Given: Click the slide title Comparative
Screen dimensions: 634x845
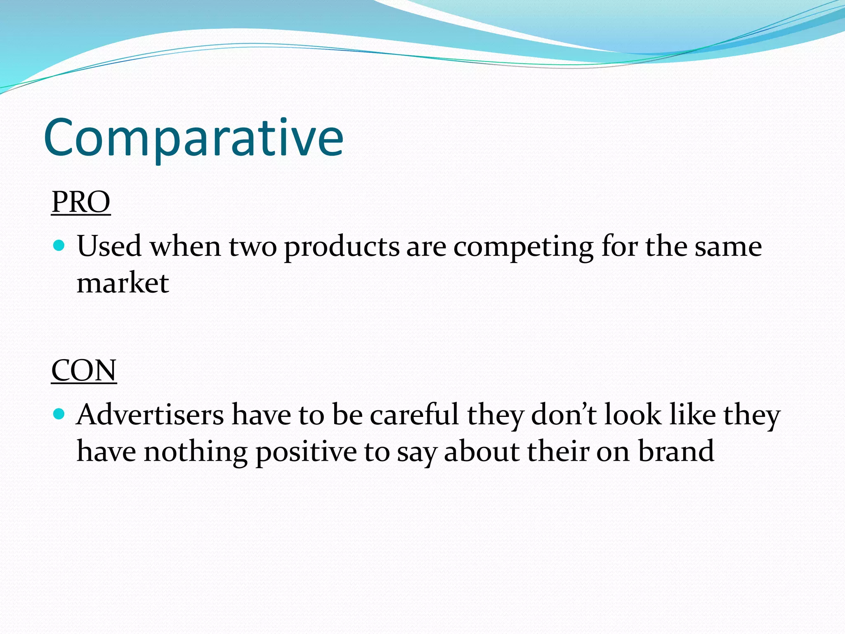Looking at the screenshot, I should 193,138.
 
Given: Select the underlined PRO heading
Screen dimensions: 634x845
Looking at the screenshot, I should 81,202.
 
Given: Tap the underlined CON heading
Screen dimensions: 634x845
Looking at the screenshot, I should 84,370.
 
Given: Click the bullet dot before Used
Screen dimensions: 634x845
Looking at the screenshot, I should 59,246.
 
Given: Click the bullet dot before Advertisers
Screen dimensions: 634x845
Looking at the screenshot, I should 59,414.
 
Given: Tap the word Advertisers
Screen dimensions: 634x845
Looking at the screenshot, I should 150,414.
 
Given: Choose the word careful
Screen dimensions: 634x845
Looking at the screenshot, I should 414,414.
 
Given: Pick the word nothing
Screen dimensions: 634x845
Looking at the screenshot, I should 196,452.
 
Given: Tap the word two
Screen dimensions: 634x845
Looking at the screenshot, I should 253,247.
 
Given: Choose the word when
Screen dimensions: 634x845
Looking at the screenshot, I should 185,247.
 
